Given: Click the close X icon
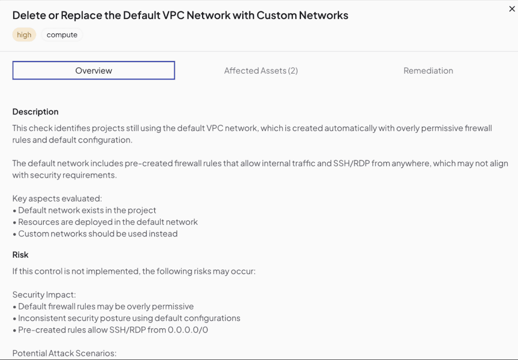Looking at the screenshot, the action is [512, 9].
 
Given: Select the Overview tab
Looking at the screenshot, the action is [93, 70].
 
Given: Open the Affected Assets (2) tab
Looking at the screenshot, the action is [261, 71].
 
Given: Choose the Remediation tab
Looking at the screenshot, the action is [428, 71].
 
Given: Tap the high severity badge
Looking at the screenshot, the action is [24, 35].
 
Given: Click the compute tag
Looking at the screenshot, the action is [62, 35].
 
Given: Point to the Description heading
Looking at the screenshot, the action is [35, 112].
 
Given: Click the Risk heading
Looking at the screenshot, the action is [21, 255].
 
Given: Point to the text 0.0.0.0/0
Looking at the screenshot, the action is [188, 330].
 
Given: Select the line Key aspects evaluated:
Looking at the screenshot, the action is [57, 198].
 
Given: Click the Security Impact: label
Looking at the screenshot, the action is [44, 294].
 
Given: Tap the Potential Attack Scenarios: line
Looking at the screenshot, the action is [64, 353].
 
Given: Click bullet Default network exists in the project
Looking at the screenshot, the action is [84, 210].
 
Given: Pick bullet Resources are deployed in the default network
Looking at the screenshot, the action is [105, 222].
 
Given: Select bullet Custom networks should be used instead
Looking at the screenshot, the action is [95, 233].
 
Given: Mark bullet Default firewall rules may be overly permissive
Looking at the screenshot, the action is [103, 306].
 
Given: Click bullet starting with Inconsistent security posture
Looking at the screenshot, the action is [127, 318].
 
